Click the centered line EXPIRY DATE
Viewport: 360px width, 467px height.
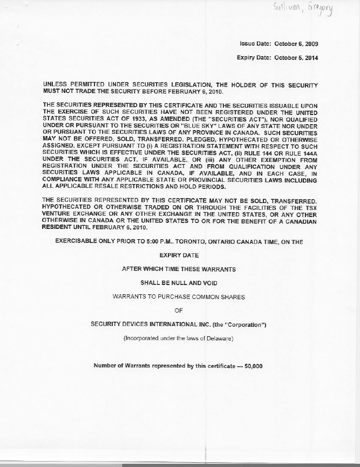[179, 255]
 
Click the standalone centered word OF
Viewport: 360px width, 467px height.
[179, 310]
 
